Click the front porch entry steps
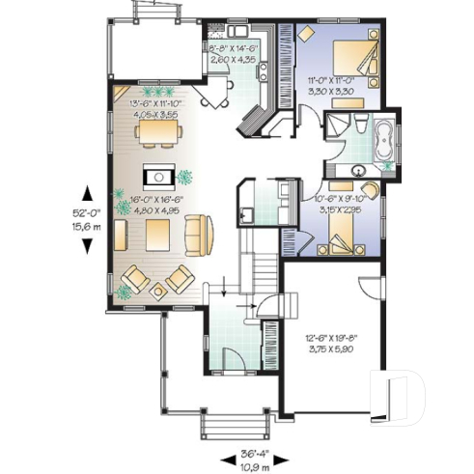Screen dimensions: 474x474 point(231,425)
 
